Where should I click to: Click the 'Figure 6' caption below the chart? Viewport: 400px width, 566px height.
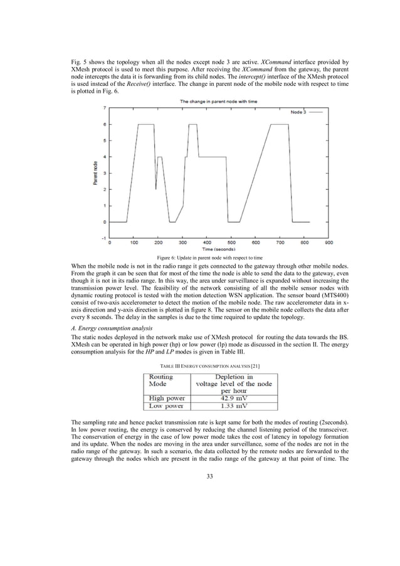point(209,258)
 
